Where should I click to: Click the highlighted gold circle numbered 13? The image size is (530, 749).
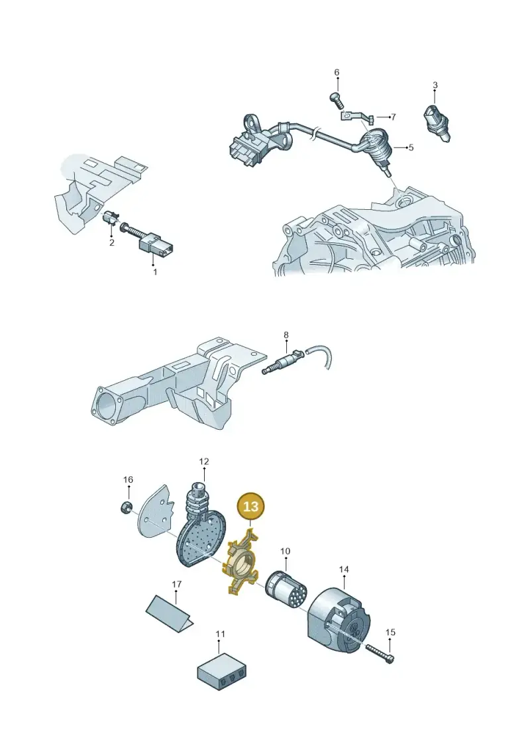[x=250, y=507]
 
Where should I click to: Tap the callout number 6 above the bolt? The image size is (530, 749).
[x=337, y=73]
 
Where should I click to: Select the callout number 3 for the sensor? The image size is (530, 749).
[x=435, y=85]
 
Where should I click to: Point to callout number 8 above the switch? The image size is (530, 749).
[x=286, y=335]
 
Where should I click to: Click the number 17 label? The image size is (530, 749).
[x=176, y=584]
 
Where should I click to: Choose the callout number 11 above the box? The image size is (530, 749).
[x=220, y=634]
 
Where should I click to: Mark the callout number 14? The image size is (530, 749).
[x=344, y=570]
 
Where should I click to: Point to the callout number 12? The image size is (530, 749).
[x=204, y=462]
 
